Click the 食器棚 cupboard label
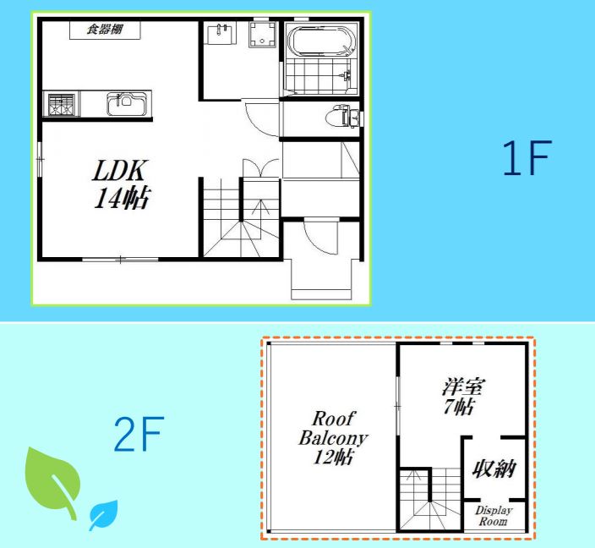105,30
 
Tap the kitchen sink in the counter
127,104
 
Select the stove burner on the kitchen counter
61,104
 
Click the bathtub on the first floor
322,41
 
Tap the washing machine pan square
262,35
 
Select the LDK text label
120,171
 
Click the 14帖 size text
123,198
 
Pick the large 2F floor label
139,433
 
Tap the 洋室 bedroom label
462,386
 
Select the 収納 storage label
494,469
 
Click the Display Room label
494,516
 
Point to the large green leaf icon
52,479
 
